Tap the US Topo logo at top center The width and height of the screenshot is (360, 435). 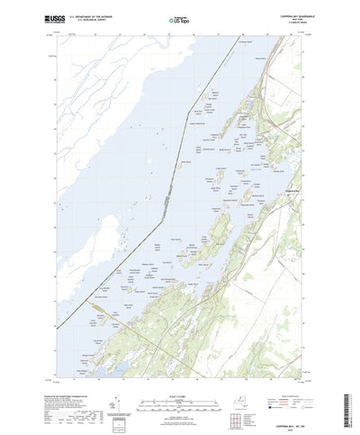(178, 17)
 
